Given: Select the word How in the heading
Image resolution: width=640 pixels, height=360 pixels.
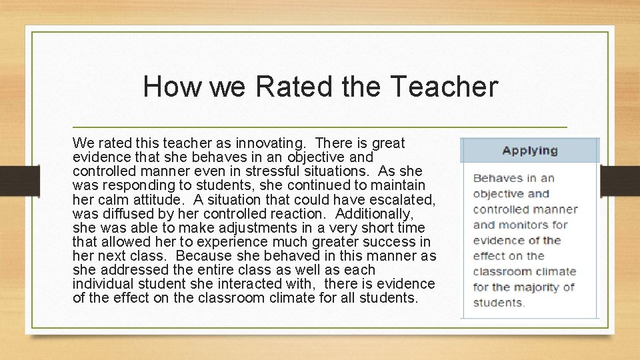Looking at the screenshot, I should point(171,87).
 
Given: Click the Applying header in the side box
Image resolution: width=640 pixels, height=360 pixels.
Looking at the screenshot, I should point(530,150).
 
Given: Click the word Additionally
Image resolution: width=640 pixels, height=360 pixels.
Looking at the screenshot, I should point(375,214).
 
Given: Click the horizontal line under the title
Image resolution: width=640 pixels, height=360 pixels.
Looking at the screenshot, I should point(320,127).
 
